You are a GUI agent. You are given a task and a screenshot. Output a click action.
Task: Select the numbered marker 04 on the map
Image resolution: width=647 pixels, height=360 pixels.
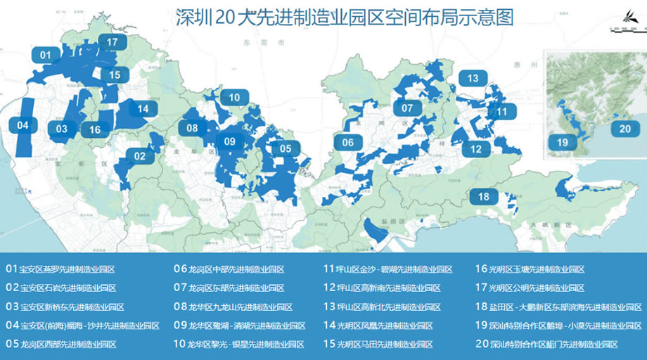coord(23,125)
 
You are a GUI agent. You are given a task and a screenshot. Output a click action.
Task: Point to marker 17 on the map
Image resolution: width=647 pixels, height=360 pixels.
coord(112,42)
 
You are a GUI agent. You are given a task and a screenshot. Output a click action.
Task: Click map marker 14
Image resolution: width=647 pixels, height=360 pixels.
coord(143,108)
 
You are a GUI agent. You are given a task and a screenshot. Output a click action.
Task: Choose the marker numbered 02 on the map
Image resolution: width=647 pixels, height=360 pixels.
coord(139,156)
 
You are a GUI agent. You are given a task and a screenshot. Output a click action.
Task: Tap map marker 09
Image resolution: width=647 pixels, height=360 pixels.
coord(229,142)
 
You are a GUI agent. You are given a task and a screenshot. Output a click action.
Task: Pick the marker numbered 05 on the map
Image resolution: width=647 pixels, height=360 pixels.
coord(286,148)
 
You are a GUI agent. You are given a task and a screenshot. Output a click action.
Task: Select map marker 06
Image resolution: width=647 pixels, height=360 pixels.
coord(347,142)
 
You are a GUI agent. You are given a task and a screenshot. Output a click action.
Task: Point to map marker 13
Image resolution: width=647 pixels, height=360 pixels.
coord(473,78)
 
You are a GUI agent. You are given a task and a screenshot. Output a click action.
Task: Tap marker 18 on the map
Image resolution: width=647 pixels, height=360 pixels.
coord(483,197)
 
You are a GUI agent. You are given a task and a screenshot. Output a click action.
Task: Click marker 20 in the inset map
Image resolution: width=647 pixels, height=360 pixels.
coord(624,129)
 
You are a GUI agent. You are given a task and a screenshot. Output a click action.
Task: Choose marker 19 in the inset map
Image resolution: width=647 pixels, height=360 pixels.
coord(562,143)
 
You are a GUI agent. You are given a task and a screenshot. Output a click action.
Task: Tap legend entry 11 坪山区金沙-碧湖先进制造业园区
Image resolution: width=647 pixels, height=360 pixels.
coord(397,269)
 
